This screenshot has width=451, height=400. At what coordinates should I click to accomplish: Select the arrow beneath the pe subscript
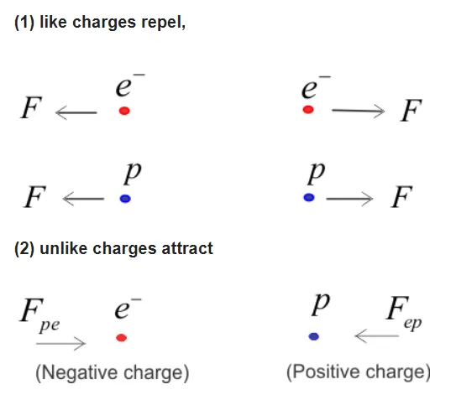(x=66, y=342)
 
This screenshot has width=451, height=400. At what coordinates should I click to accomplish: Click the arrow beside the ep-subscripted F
(x=375, y=337)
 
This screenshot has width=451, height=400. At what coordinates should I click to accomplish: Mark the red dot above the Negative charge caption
(x=122, y=337)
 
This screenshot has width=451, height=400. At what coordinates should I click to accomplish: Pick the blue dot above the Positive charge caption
(x=313, y=336)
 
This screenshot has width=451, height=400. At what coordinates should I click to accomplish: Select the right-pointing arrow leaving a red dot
(x=357, y=111)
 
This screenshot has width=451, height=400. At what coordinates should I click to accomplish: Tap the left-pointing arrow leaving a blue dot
(x=82, y=199)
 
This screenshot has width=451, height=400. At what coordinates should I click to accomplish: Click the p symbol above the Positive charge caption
(x=315, y=305)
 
